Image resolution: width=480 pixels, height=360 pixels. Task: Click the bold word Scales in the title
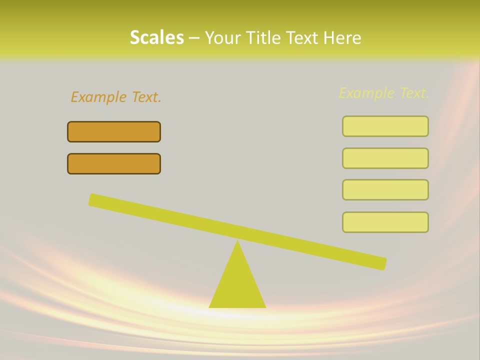(x=156, y=37)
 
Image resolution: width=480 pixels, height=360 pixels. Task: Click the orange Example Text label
(x=116, y=97)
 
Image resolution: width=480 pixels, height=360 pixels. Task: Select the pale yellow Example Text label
(x=384, y=93)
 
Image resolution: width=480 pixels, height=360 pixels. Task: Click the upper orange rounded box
(x=114, y=132)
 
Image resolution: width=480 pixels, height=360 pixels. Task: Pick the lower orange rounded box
(x=114, y=164)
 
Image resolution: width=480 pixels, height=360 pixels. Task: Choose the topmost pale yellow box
(x=385, y=126)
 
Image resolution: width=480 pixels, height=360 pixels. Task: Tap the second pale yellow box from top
(x=385, y=158)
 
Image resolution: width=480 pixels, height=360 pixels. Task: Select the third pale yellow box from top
(x=385, y=190)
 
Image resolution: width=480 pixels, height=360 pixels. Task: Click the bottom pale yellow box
(x=385, y=222)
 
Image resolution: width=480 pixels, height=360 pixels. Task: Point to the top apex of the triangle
(x=237, y=242)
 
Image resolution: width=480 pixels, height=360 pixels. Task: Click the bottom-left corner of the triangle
(x=210, y=306)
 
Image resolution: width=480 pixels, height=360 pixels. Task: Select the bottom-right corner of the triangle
(x=264, y=306)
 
